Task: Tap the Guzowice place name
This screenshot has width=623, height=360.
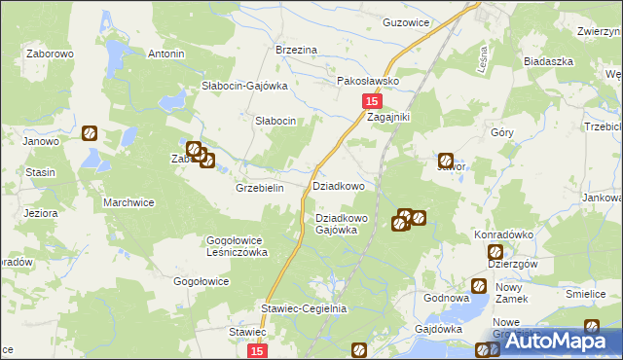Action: [406, 21]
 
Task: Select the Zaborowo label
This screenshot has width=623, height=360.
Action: [51, 54]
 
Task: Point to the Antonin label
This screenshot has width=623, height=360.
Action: [165, 54]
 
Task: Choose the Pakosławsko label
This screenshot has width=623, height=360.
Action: [369, 82]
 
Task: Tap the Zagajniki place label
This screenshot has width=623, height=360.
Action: [388, 117]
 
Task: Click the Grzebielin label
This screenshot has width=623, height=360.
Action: [259, 189]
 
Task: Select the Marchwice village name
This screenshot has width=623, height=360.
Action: [128, 202]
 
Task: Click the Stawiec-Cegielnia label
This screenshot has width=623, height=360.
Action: [304, 308]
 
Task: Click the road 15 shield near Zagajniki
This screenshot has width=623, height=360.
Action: [371, 101]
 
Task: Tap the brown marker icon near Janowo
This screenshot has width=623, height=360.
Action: [89, 133]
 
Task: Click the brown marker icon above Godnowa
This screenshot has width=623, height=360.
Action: [479, 286]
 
